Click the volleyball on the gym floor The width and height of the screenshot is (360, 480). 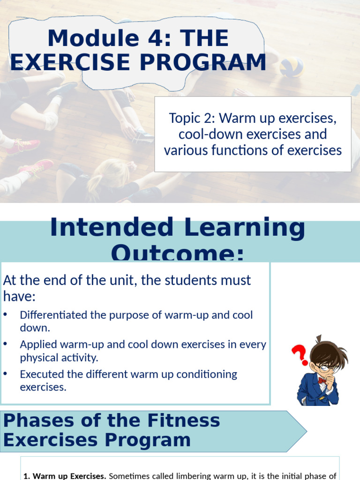point(291,66)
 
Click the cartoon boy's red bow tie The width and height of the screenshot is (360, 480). point(322,380)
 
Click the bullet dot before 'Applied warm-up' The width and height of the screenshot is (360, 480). point(6,344)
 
